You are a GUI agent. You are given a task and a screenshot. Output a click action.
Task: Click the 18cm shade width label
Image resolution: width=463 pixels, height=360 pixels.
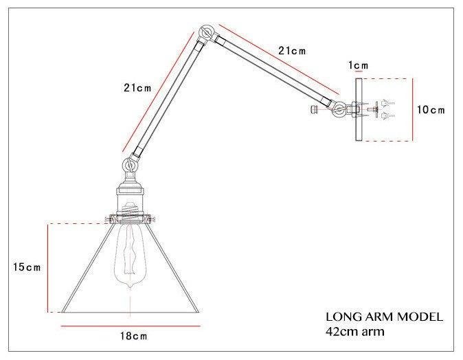point(133,336)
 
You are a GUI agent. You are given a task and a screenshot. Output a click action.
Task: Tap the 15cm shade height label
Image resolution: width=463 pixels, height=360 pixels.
point(27,267)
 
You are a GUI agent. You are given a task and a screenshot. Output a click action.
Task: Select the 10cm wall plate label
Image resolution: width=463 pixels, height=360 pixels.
point(431,110)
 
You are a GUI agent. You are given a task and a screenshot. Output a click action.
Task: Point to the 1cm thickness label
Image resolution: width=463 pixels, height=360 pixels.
point(358,65)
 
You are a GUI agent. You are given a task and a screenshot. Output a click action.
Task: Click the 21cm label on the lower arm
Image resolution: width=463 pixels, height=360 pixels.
point(137,88)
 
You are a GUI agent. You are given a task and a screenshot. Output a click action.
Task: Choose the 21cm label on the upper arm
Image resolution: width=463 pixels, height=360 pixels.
point(292,51)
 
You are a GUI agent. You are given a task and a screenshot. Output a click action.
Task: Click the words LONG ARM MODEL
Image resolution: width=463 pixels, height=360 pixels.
point(384,317)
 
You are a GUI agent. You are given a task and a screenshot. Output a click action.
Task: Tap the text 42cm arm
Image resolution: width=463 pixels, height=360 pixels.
point(355,331)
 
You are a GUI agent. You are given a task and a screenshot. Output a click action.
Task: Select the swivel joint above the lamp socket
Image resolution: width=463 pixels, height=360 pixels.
point(129,164)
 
